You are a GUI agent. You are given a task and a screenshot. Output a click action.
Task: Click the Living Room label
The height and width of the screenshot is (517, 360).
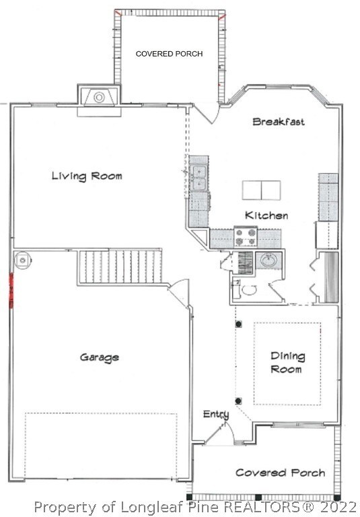pyautogui.click(x=87, y=176)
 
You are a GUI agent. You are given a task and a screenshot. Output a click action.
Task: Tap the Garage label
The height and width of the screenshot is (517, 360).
pyautogui.click(x=100, y=357)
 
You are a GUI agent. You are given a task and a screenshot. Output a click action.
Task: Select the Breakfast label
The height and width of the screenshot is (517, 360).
pyautogui.click(x=279, y=122)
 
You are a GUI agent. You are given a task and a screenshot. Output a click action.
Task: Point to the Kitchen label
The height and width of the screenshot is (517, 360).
pyautogui.click(x=266, y=215)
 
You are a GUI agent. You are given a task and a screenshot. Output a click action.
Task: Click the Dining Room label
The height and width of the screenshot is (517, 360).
pyautogui.click(x=287, y=362)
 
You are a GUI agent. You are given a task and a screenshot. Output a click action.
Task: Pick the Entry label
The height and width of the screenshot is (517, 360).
pyautogui.click(x=216, y=415)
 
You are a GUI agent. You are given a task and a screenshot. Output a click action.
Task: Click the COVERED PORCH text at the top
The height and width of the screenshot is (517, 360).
pyautogui.click(x=169, y=54)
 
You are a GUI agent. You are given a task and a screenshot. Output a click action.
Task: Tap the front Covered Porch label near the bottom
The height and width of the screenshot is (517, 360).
pyautogui.click(x=280, y=473)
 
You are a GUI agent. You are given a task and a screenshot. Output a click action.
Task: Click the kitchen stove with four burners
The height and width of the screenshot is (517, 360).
pyautogui.click(x=246, y=237)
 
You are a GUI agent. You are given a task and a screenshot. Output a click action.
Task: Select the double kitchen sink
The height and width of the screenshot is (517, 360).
pyautogui.click(x=199, y=178)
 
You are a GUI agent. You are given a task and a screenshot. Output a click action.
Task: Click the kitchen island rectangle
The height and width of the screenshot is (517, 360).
pyautogui.click(x=262, y=191)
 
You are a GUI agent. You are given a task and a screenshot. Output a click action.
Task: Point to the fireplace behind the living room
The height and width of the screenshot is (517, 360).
pyautogui.click(x=99, y=97)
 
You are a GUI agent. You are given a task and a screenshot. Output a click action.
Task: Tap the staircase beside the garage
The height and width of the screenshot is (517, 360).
pyautogui.click(x=120, y=267)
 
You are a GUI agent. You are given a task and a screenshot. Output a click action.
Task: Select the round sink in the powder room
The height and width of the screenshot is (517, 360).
pyautogui.click(x=268, y=261)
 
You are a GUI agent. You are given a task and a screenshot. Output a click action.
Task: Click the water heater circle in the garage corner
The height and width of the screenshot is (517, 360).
pyautogui.click(x=23, y=261)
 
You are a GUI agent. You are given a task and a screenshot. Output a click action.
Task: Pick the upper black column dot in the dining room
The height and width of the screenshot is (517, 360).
pyautogui.click(x=238, y=324)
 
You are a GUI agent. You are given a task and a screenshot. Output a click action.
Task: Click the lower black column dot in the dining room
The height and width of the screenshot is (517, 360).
pyautogui.click(x=238, y=401)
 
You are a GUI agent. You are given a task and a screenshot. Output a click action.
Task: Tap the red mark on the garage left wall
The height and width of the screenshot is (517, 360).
pyautogui.click(x=11, y=291)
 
